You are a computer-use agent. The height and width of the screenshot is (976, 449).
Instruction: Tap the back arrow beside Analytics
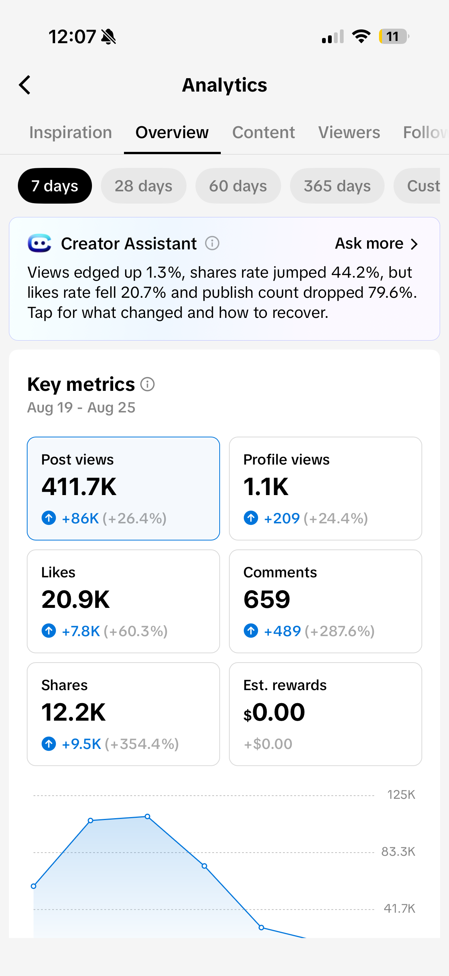(x=25, y=85)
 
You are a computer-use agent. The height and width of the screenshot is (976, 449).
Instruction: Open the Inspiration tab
(x=71, y=133)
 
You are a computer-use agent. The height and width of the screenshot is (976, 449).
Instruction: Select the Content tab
(x=263, y=133)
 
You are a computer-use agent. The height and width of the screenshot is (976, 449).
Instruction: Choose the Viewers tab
(x=349, y=133)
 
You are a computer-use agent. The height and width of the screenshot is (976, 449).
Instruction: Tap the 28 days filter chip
(x=144, y=186)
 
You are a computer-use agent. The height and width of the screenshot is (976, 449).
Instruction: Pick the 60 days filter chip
(x=238, y=186)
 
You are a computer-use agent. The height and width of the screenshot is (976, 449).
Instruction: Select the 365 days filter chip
(x=337, y=186)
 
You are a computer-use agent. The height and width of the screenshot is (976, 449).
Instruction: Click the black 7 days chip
(x=55, y=186)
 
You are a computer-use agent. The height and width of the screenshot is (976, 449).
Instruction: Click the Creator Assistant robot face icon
(x=39, y=243)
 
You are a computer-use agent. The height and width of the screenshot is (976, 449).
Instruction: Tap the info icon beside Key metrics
(x=147, y=384)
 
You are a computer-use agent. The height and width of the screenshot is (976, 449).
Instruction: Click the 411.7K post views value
(x=79, y=487)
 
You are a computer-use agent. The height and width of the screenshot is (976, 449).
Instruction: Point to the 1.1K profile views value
(x=265, y=487)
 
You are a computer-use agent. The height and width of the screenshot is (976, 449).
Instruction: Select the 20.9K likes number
(x=76, y=599)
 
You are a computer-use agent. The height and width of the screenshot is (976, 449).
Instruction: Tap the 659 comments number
(x=267, y=599)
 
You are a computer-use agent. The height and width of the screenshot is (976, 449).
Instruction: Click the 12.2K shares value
(x=73, y=712)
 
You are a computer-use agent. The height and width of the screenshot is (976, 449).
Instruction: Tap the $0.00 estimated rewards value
(x=274, y=712)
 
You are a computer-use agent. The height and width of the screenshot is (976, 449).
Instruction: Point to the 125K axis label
(x=401, y=794)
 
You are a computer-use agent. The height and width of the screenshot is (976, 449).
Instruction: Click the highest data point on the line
(x=147, y=816)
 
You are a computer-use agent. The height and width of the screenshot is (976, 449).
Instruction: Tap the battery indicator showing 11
(x=394, y=36)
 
